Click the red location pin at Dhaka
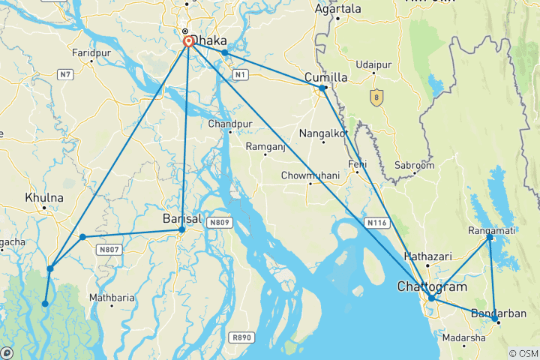pyautogui.click(x=188, y=41)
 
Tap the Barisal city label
pyautogui.click(x=182, y=219)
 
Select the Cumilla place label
pyautogui.click(x=326, y=77)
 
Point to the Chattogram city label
pyautogui.click(x=431, y=287)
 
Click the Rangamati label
pyautogui.click(x=491, y=229)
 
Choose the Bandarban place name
pyautogui.click(x=499, y=313)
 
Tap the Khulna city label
pyautogui.click(x=44, y=198)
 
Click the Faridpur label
pyautogui.click(x=91, y=53)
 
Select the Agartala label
pyautogui.click(x=337, y=9)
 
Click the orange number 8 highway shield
pyautogui.click(x=376, y=97)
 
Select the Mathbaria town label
pyautogui.click(x=112, y=297)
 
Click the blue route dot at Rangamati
pyautogui.click(x=490, y=237)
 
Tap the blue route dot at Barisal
pyautogui.click(x=182, y=229)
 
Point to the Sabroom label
pyautogui.click(x=415, y=165)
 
